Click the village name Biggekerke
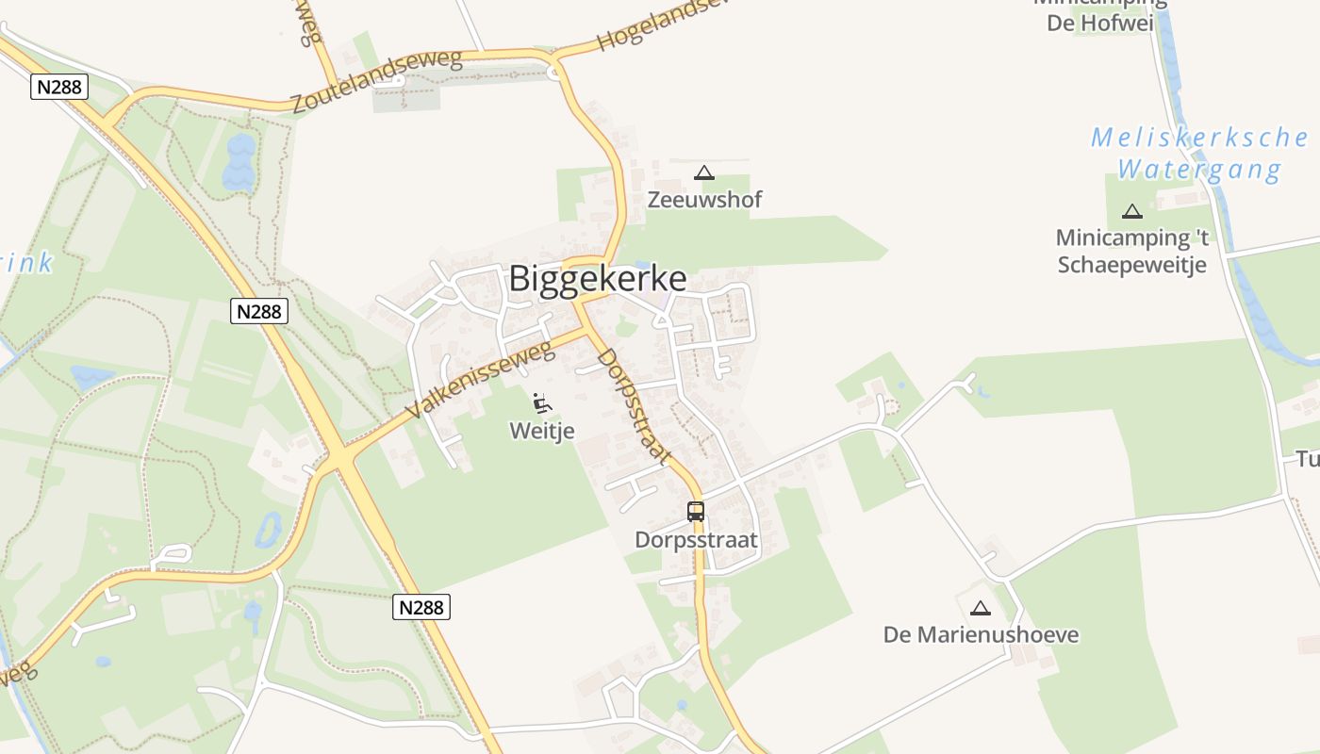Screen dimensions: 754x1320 coord(598,279)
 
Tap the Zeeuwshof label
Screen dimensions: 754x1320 coord(704,200)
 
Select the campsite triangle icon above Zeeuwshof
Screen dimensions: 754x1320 coord(703,172)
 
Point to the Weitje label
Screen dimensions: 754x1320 coord(542,431)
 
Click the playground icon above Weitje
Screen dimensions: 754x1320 coord(542,403)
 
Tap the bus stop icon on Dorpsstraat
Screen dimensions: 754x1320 coord(696,512)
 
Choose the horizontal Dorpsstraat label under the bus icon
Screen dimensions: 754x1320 coord(696,540)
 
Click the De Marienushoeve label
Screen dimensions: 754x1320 coord(981,634)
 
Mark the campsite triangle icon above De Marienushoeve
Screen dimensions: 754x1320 coord(981,608)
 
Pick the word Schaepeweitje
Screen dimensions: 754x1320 coord(1131,265)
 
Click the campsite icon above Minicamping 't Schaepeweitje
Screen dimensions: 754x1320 coord(1132,211)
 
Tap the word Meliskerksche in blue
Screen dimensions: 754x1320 coord(1199,138)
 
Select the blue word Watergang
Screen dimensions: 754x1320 coord(1199,171)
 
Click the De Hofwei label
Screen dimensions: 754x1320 coord(1100,23)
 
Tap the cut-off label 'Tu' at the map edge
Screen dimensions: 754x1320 coord(1307,459)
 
